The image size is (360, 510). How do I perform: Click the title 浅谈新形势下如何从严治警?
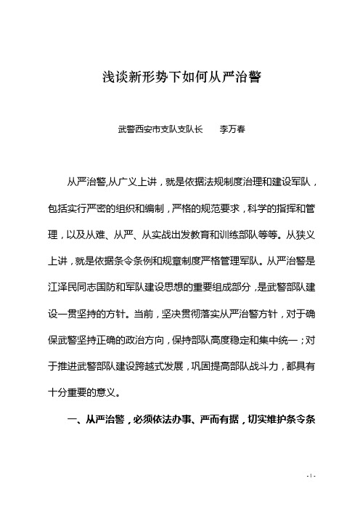(x=179, y=74)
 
